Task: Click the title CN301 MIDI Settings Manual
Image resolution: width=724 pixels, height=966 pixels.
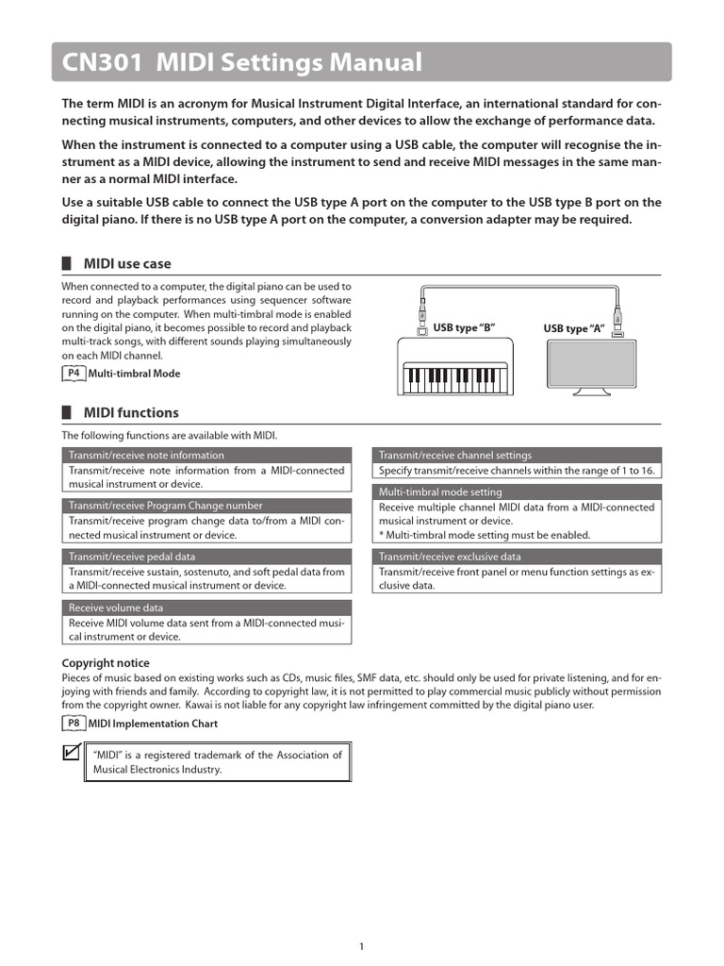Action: click(x=242, y=63)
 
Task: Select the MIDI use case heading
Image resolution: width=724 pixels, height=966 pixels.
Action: click(x=127, y=264)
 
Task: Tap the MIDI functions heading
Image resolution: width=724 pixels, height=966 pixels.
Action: click(x=131, y=413)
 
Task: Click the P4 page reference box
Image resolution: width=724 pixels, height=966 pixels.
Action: click(x=74, y=374)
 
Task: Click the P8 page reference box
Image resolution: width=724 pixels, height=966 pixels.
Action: click(x=74, y=724)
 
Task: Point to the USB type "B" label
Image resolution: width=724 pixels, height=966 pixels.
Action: click(x=464, y=328)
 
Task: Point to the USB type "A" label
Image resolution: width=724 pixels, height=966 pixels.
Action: click(x=573, y=328)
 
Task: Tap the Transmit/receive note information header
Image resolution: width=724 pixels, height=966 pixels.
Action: click(x=146, y=456)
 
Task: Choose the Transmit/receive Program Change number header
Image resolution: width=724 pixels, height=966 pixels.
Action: click(x=166, y=506)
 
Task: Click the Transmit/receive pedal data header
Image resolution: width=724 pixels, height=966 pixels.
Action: click(x=133, y=557)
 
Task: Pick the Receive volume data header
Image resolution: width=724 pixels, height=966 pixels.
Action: click(x=116, y=608)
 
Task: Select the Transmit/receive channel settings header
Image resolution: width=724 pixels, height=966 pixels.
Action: click(x=455, y=456)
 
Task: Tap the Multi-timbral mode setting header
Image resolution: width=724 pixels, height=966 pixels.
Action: click(x=440, y=492)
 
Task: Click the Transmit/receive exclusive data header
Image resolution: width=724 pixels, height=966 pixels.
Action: click(x=450, y=557)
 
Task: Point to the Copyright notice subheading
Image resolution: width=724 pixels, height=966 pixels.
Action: click(x=106, y=663)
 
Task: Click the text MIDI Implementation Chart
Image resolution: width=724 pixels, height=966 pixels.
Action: click(x=153, y=724)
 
